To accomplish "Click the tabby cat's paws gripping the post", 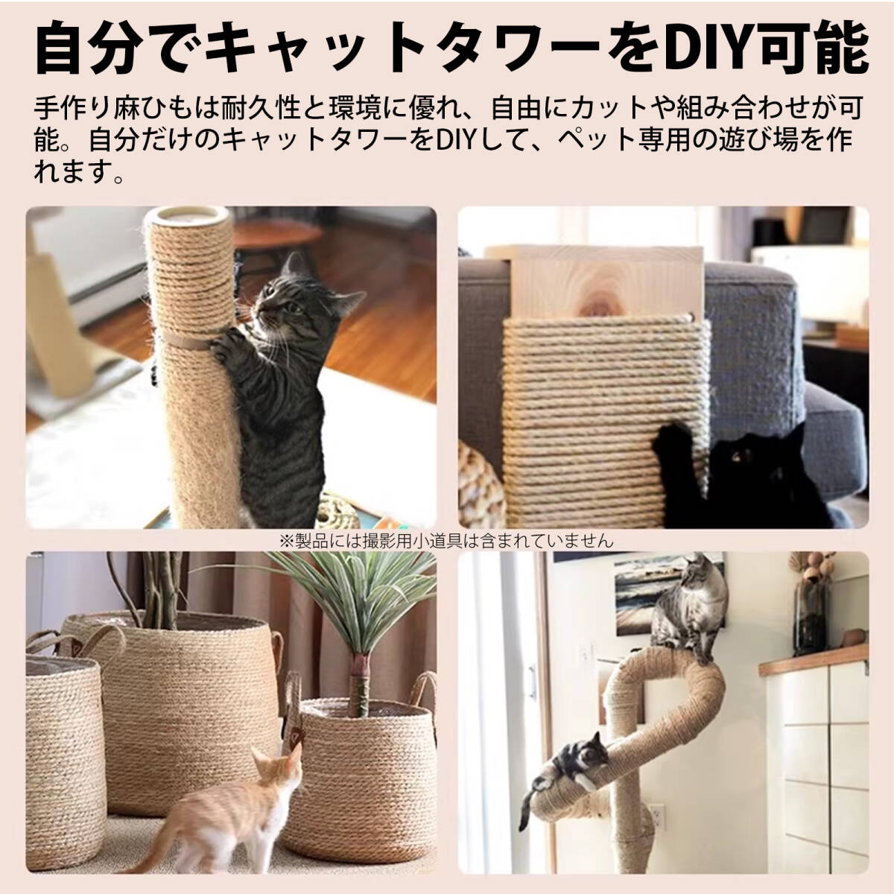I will tap(223, 344).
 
